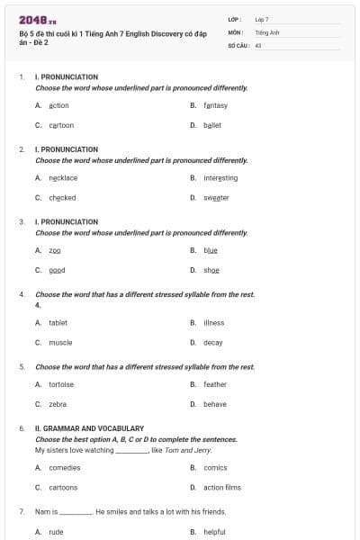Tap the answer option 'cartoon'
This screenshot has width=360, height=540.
[61, 125]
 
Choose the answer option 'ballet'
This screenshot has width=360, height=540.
[212, 125]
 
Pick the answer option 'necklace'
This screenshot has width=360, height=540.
[63, 178]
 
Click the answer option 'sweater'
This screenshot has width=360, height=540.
[216, 197]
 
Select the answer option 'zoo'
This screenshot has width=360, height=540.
[55, 250]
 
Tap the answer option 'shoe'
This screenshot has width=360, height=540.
[211, 270]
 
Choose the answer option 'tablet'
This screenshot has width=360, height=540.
[58, 322]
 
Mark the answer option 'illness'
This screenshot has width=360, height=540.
[214, 322]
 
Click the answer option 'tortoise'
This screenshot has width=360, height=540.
[61, 384]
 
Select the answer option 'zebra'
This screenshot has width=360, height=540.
[58, 404]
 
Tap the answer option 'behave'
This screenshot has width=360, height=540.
[215, 404]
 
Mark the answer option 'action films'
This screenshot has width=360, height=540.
[222, 487]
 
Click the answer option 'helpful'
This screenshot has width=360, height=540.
[215, 532]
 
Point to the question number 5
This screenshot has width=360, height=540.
[22, 367]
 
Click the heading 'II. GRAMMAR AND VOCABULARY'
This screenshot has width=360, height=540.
[89, 428]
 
